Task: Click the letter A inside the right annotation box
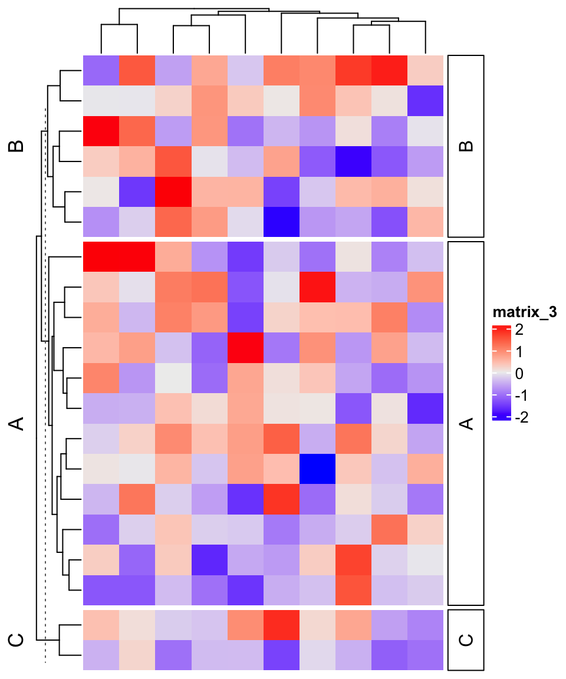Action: pyautogui.click(x=466, y=423)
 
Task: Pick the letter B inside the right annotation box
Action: pyautogui.click(x=466, y=146)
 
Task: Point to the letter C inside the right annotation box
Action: pyautogui.click(x=466, y=640)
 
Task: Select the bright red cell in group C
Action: pyautogui.click(x=281, y=624)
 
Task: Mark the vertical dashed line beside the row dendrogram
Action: pyautogui.click(x=45, y=383)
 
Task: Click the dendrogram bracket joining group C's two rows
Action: pyautogui.click(x=61, y=640)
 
